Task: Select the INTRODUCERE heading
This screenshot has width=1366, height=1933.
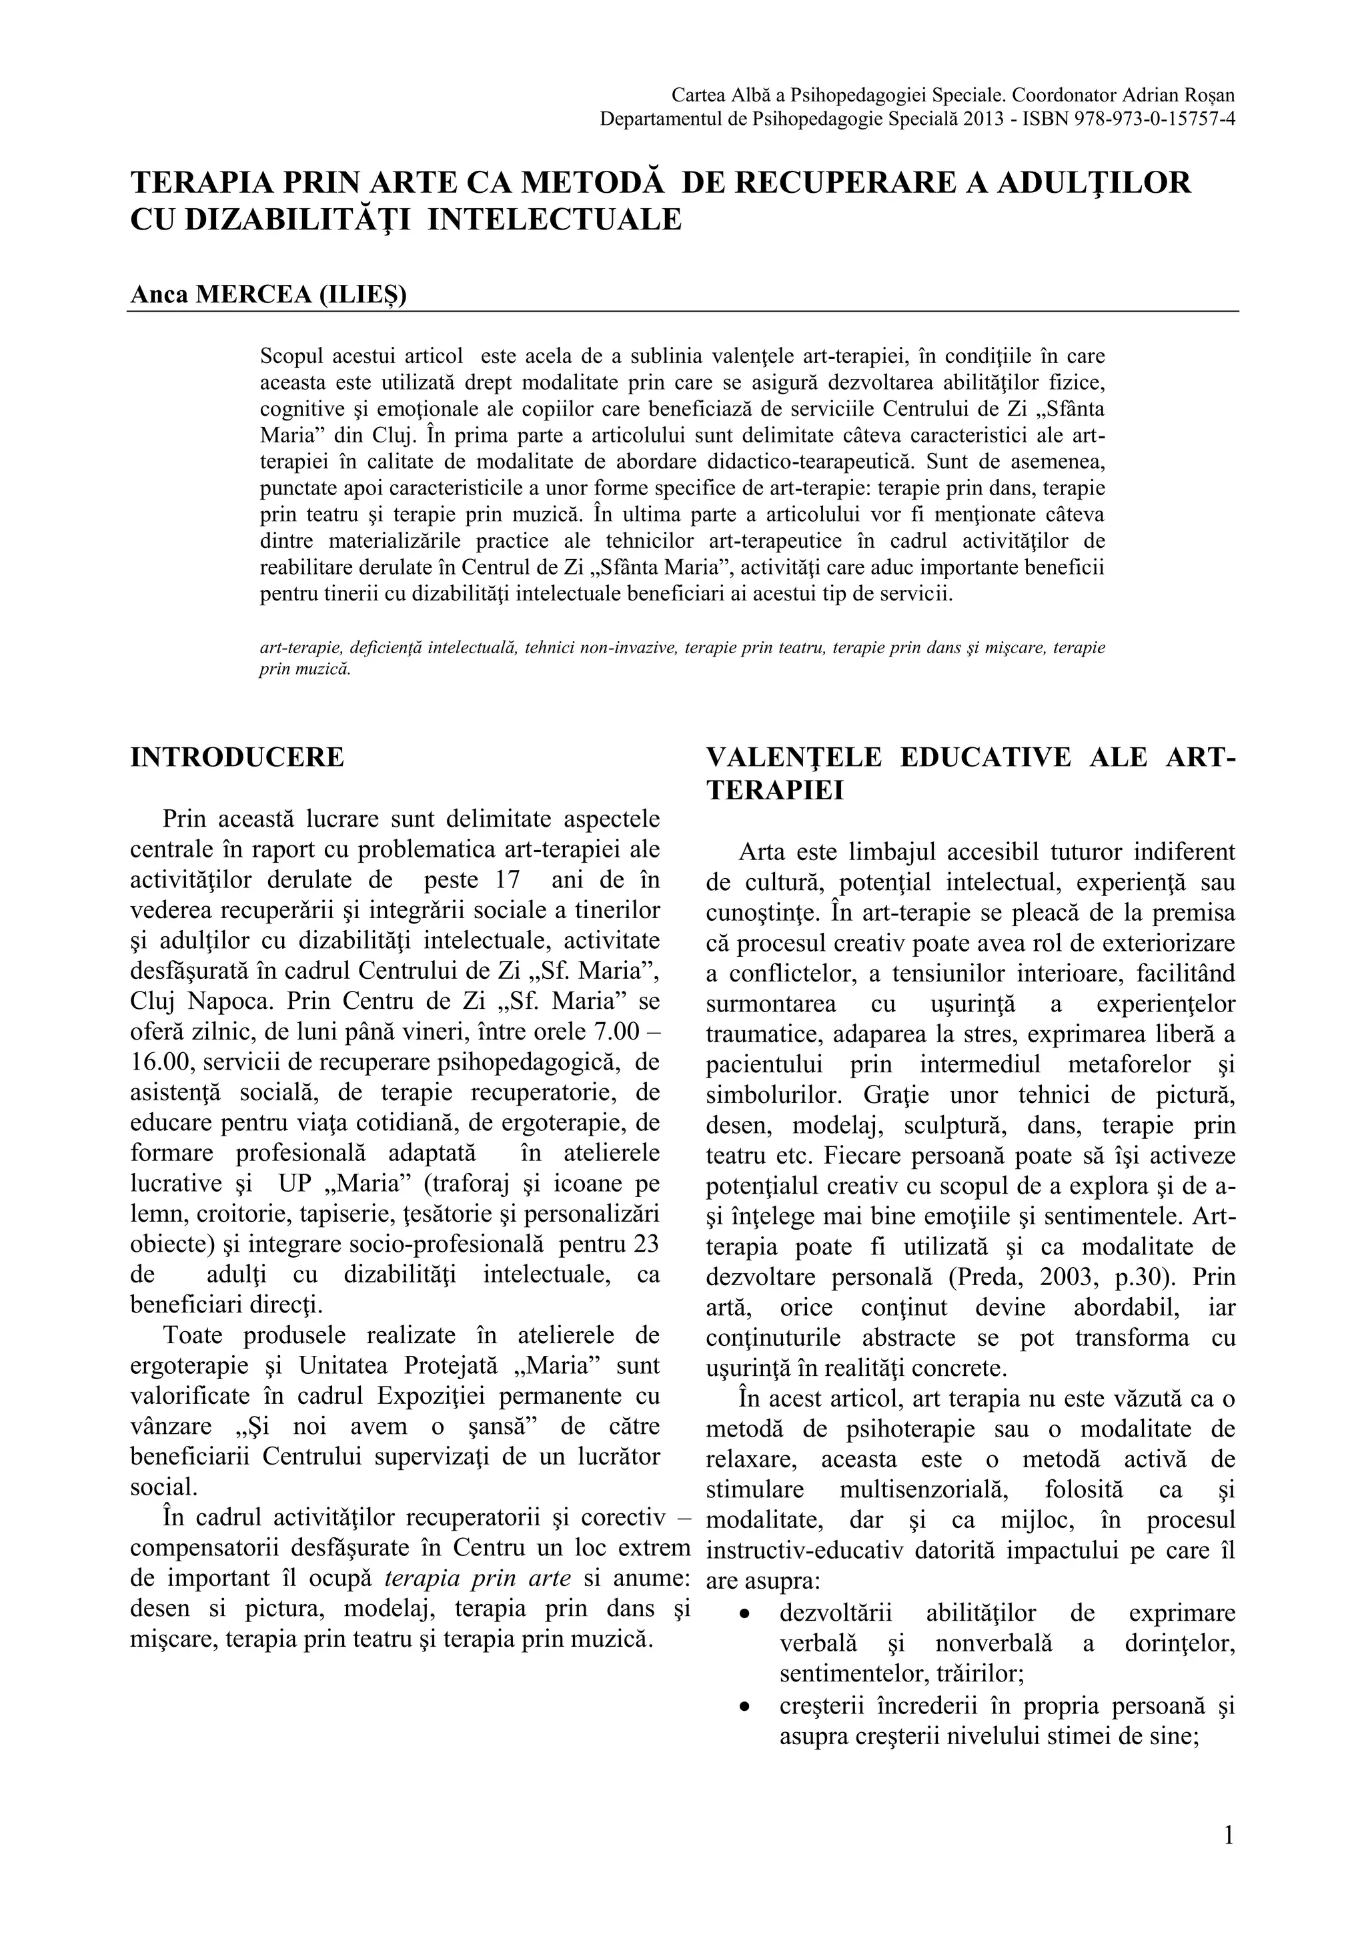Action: pyautogui.click(x=237, y=757)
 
